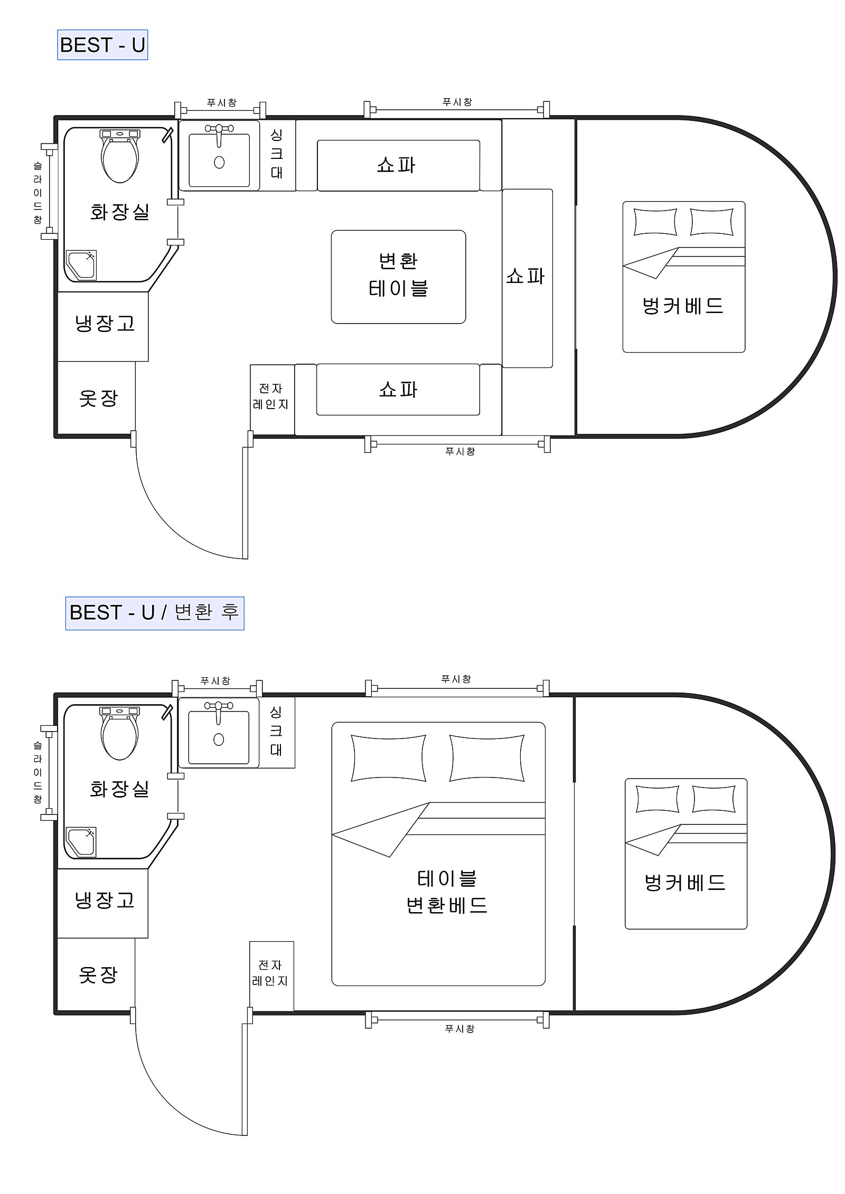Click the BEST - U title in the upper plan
point(102,45)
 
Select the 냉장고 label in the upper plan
point(105,323)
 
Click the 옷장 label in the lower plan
point(98,974)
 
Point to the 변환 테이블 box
point(398,277)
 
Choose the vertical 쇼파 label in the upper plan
point(525,276)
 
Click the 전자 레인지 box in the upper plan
point(272,400)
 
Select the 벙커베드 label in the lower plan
point(684,882)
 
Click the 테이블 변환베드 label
point(447,892)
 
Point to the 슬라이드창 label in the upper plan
point(37,193)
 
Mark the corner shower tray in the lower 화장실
point(81,843)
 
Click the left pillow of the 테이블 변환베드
point(389,757)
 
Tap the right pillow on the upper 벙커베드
point(711,222)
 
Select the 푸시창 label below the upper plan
point(460,451)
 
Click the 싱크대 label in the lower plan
point(276,731)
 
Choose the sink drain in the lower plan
point(219,740)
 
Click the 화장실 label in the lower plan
point(119,789)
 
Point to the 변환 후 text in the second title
point(206,612)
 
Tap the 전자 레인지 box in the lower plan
point(271,977)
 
